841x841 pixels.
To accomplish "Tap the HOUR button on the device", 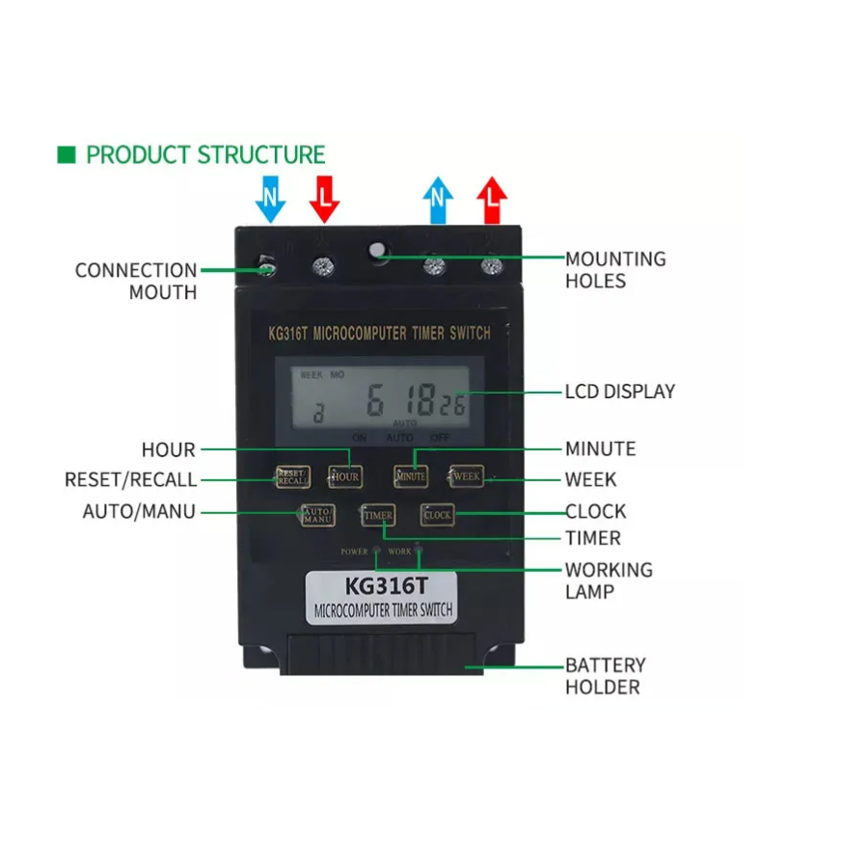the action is (x=344, y=476).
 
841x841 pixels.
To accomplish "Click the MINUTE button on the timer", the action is (x=410, y=475).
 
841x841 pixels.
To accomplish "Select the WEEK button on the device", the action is (x=467, y=475).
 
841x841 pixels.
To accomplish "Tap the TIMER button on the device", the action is (x=378, y=516).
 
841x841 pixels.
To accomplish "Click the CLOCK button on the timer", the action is (x=437, y=515).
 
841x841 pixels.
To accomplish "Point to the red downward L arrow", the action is (x=325, y=199).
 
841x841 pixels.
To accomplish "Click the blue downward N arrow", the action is (x=271, y=199).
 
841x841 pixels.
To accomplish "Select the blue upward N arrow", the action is (x=438, y=200).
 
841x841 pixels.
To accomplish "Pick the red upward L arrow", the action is (x=492, y=200).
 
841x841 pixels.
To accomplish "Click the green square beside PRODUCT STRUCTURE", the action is (x=67, y=154).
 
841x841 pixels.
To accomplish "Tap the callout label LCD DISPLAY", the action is (x=619, y=392).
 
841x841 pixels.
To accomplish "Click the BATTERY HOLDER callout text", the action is (x=605, y=676).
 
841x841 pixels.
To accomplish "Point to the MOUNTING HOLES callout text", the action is (x=614, y=270).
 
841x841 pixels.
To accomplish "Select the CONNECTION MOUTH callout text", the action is (x=136, y=281).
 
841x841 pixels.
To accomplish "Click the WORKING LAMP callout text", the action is (x=608, y=581).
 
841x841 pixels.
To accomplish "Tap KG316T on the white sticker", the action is (x=385, y=586).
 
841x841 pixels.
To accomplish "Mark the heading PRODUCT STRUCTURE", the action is (x=205, y=154).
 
